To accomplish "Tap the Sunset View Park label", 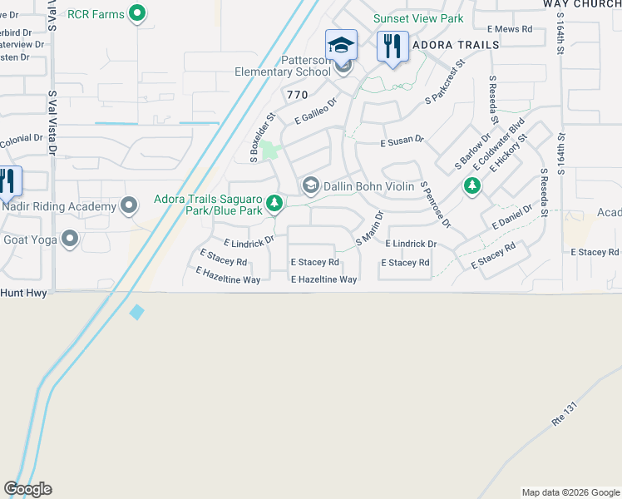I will [x=417, y=18].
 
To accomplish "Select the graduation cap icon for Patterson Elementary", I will [x=341, y=45].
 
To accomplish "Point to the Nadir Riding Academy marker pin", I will [x=129, y=205].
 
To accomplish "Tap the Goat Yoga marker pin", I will [x=70, y=240].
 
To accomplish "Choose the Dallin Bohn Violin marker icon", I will [x=311, y=185].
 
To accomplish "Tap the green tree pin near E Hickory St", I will [x=472, y=185].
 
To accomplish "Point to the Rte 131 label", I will [x=564, y=417].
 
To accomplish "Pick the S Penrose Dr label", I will [x=435, y=205].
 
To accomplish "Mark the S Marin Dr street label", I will [x=370, y=227].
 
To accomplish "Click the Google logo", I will [x=27, y=489].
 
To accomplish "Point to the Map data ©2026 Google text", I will [x=570, y=492].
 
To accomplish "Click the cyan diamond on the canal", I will [x=137, y=312].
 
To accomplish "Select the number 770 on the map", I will [x=297, y=96].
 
